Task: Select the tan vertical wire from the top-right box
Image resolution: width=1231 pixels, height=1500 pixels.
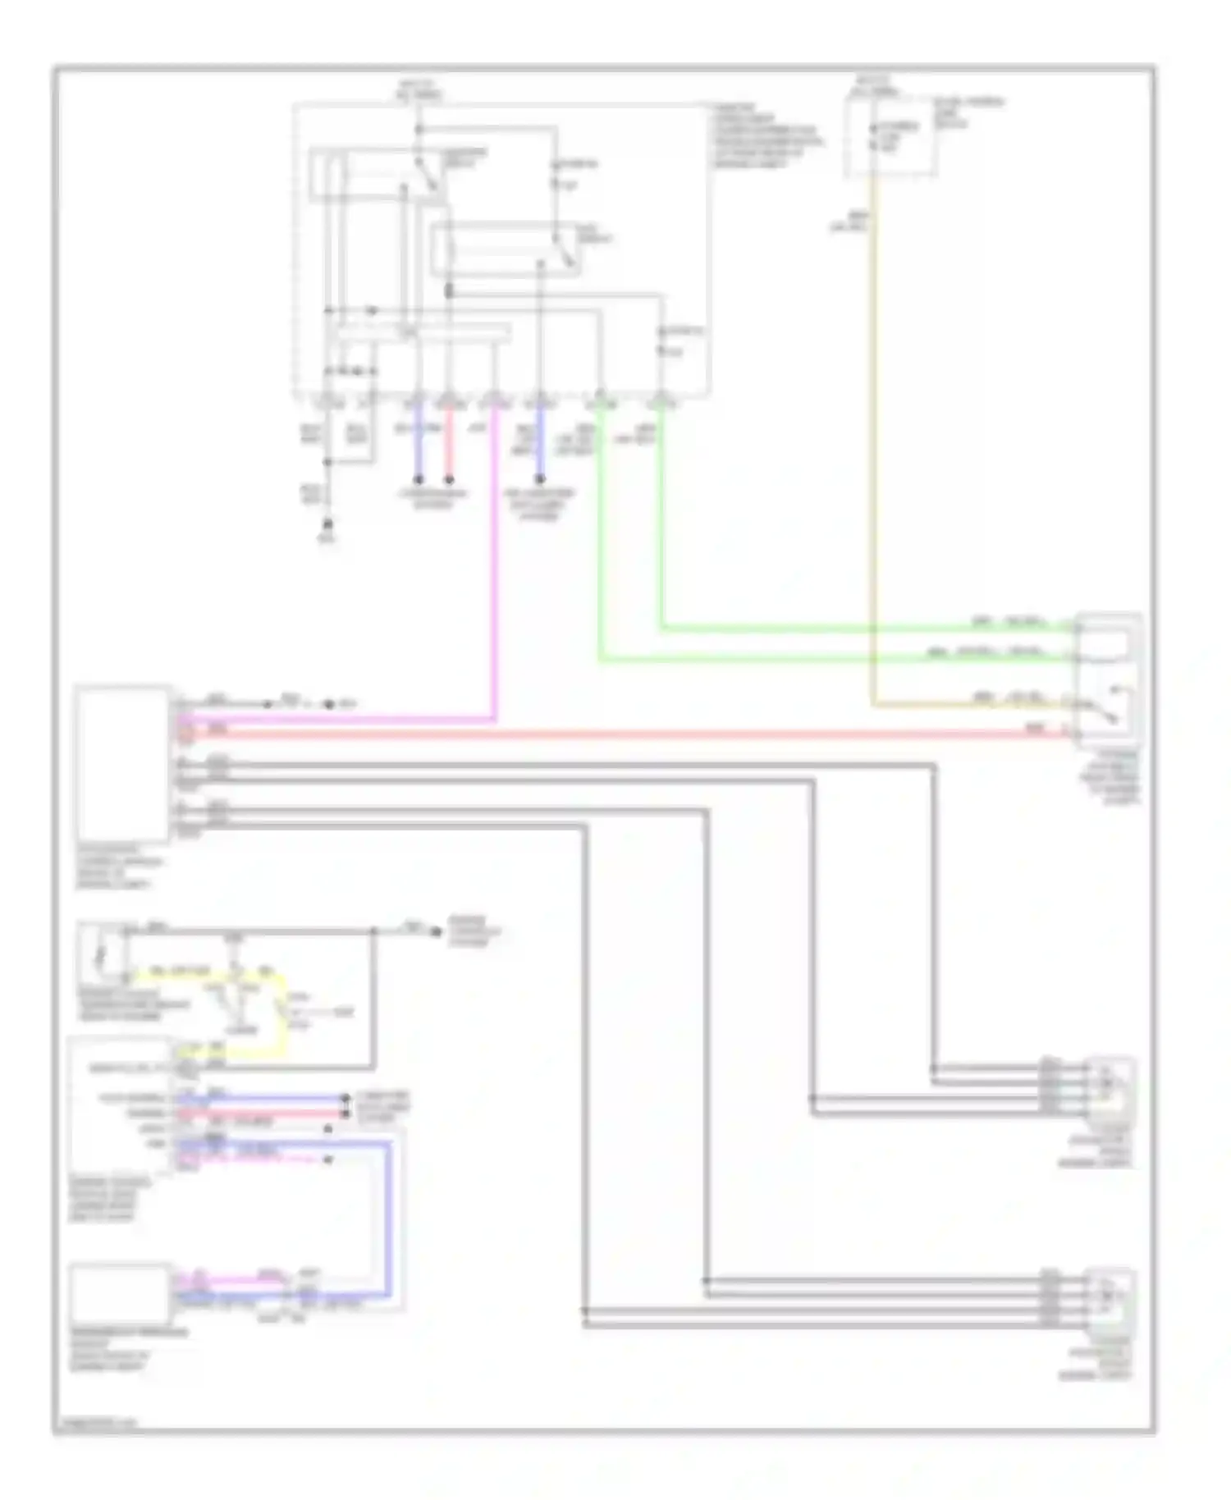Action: pos(873,451)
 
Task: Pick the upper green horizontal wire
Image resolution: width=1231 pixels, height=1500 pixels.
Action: pos(862,629)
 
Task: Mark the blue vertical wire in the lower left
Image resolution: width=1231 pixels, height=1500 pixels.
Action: pos(389,1214)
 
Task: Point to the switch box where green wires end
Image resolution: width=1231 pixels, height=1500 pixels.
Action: pos(1109,677)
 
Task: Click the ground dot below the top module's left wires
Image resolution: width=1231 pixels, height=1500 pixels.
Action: pos(328,523)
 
